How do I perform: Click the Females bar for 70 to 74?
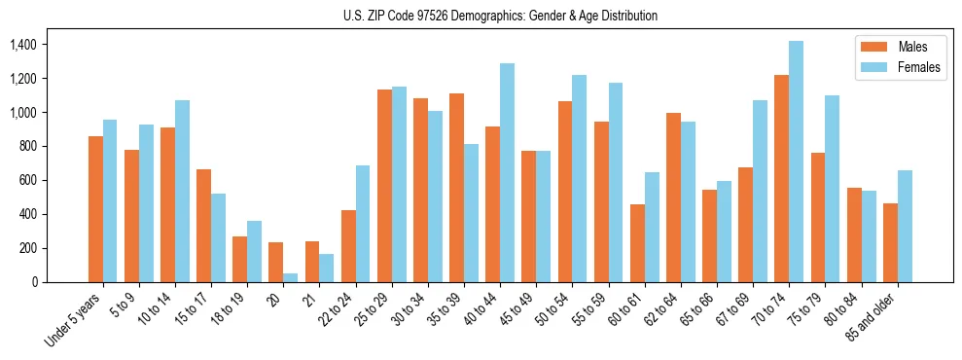tap(797, 162)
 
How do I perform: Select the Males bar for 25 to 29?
tap(384, 186)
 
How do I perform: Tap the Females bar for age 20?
tap(291, 277)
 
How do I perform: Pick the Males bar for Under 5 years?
tap(95, 209)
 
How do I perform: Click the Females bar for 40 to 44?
tap(507, 172)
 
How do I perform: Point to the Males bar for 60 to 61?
tap(637, 243)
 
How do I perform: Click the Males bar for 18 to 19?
tap(239, 259)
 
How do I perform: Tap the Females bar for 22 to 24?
tap(363, 224)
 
